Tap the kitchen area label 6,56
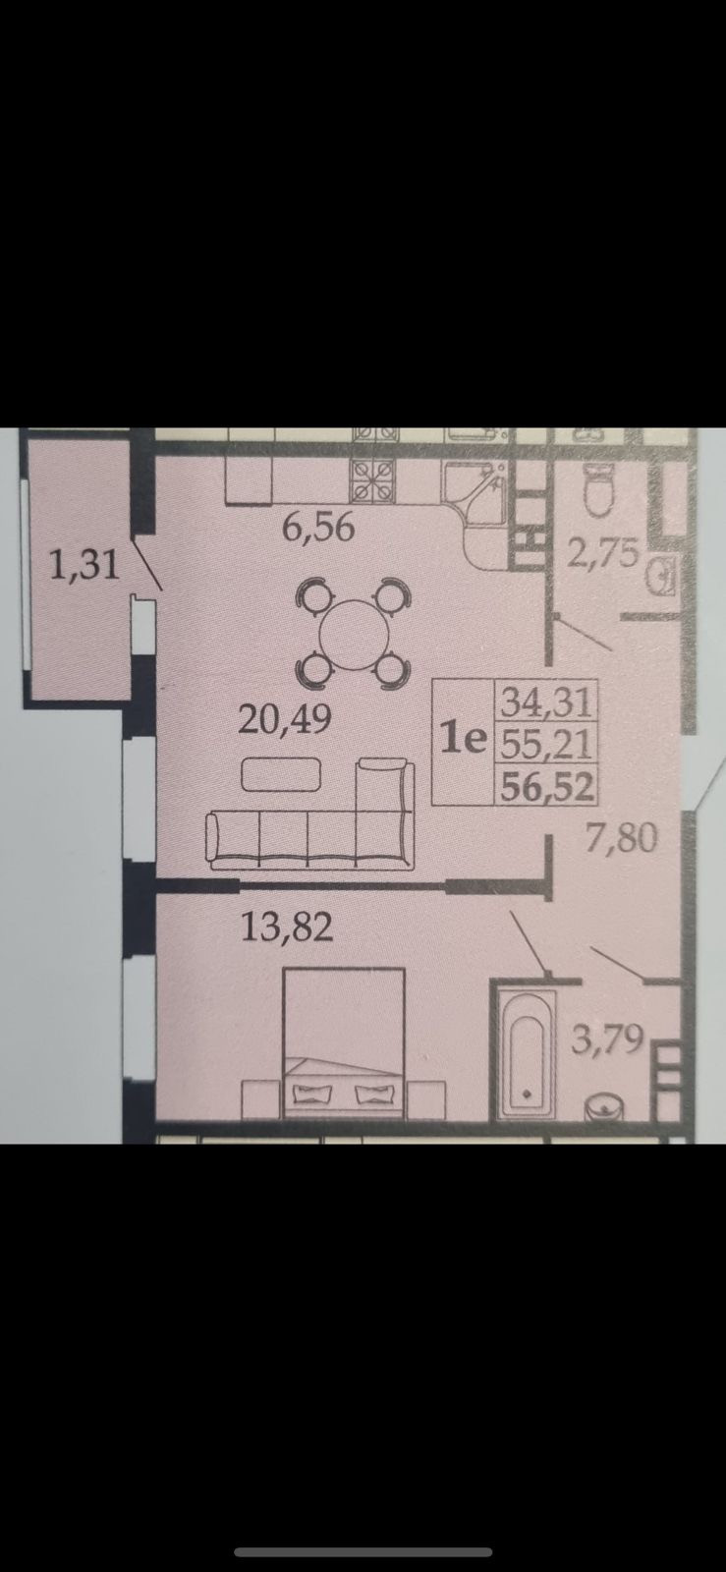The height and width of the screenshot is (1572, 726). tap(317, 529)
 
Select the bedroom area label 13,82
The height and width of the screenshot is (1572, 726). tap(288, 926)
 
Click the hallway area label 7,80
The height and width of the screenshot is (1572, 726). tap(621, 840)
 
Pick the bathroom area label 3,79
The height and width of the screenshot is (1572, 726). tap(607, 1039)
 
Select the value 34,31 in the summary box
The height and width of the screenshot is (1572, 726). tap(544, 702)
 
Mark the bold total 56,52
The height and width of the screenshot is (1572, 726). tap(544, 786)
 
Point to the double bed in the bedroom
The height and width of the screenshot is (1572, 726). tap(344, 1041)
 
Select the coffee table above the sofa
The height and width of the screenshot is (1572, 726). tap(282, 776)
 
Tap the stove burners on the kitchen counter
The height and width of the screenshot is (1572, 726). tap(373, 481)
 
